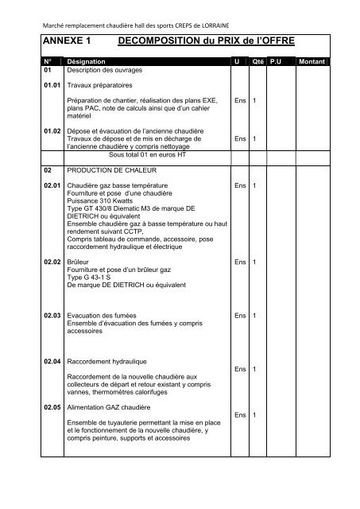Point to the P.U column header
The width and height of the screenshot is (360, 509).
tap(276, 60)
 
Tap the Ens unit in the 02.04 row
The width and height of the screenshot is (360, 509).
tap(240, 369)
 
